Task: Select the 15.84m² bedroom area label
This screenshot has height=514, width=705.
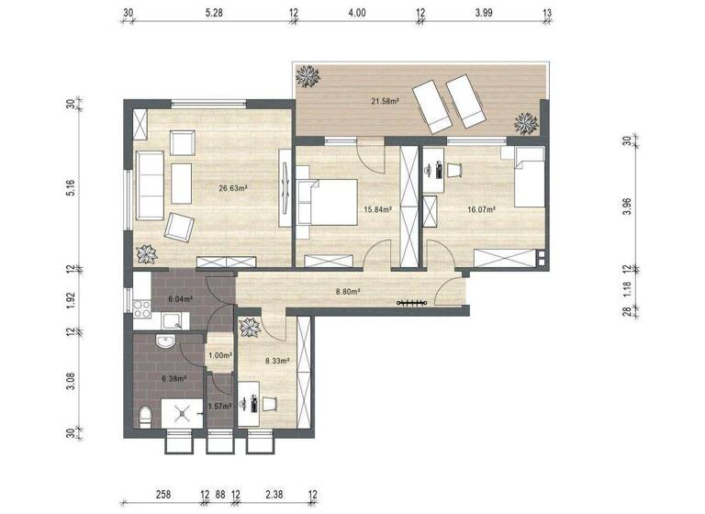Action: pos(377,209)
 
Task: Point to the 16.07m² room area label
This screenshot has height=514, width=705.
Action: pos(481,209)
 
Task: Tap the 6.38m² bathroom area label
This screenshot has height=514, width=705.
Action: pos(173,377)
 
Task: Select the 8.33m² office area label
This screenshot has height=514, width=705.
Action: pos(276,361)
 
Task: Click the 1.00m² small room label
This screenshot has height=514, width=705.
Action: pos(219,355)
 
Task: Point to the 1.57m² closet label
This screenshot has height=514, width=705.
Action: pos(219,406)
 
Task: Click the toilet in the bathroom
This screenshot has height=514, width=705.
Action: pos(143,419)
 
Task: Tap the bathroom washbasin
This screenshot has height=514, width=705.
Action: pos(165,343)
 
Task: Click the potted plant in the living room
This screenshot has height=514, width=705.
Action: pos(146,253)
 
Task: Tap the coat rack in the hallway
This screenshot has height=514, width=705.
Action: pos(409,303)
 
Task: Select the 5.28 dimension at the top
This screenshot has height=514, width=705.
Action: pos(214,13)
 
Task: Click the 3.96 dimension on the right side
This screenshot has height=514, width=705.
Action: pos(627,206)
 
